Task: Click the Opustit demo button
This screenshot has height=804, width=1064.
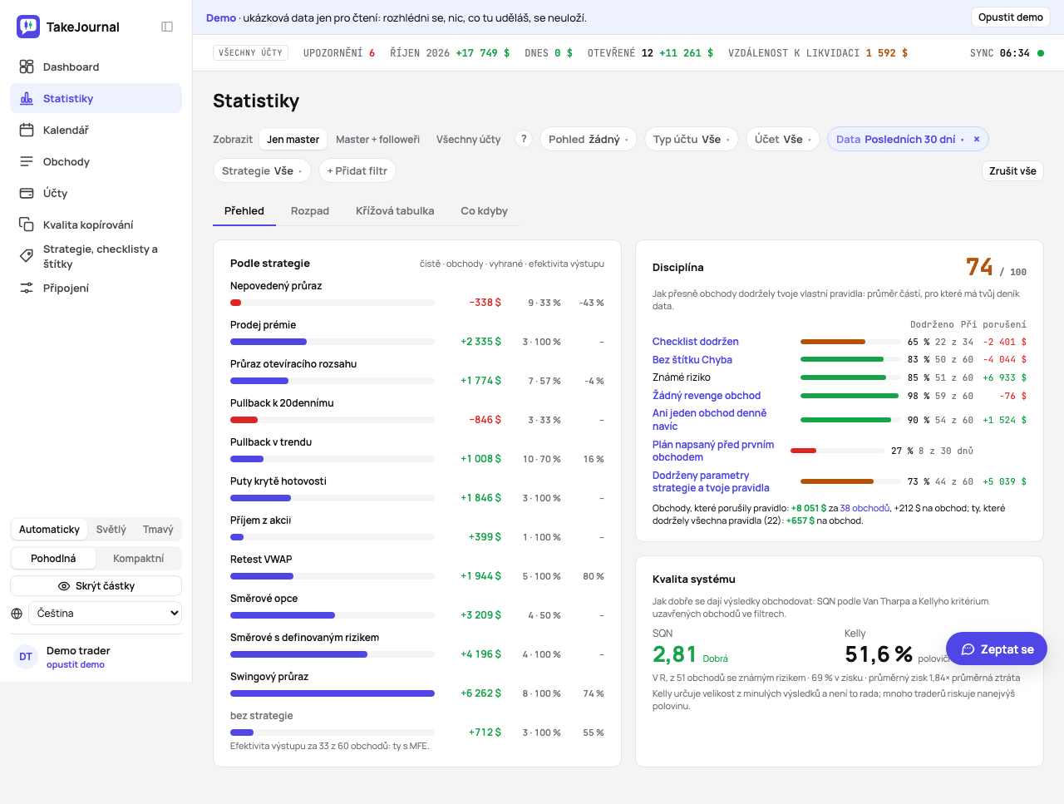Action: (1010, 17)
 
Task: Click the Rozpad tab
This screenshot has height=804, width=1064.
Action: (310, 211)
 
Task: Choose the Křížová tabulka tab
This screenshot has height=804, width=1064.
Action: (395, 211)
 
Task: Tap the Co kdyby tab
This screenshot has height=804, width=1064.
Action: (484, 211)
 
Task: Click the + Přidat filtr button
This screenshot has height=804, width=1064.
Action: (357, 170)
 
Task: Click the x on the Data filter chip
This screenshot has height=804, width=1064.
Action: (977, 139)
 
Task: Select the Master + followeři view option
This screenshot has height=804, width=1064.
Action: (377, 139)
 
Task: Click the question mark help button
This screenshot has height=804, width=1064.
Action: (524, 139)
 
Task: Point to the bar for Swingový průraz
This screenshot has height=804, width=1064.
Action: (332, 693)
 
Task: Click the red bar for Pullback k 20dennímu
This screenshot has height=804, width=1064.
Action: (244, 420)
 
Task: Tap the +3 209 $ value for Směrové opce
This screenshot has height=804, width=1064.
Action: (480, 615)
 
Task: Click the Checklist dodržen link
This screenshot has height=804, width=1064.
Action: (695, 341)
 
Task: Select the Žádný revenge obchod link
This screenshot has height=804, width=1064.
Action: (707, 396)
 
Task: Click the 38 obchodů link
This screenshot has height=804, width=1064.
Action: (864, 508)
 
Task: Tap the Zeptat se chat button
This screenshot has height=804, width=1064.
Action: (997, 649)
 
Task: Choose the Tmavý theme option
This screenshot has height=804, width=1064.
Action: (158, 530)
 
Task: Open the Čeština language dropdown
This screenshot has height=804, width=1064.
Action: (106, 613)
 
